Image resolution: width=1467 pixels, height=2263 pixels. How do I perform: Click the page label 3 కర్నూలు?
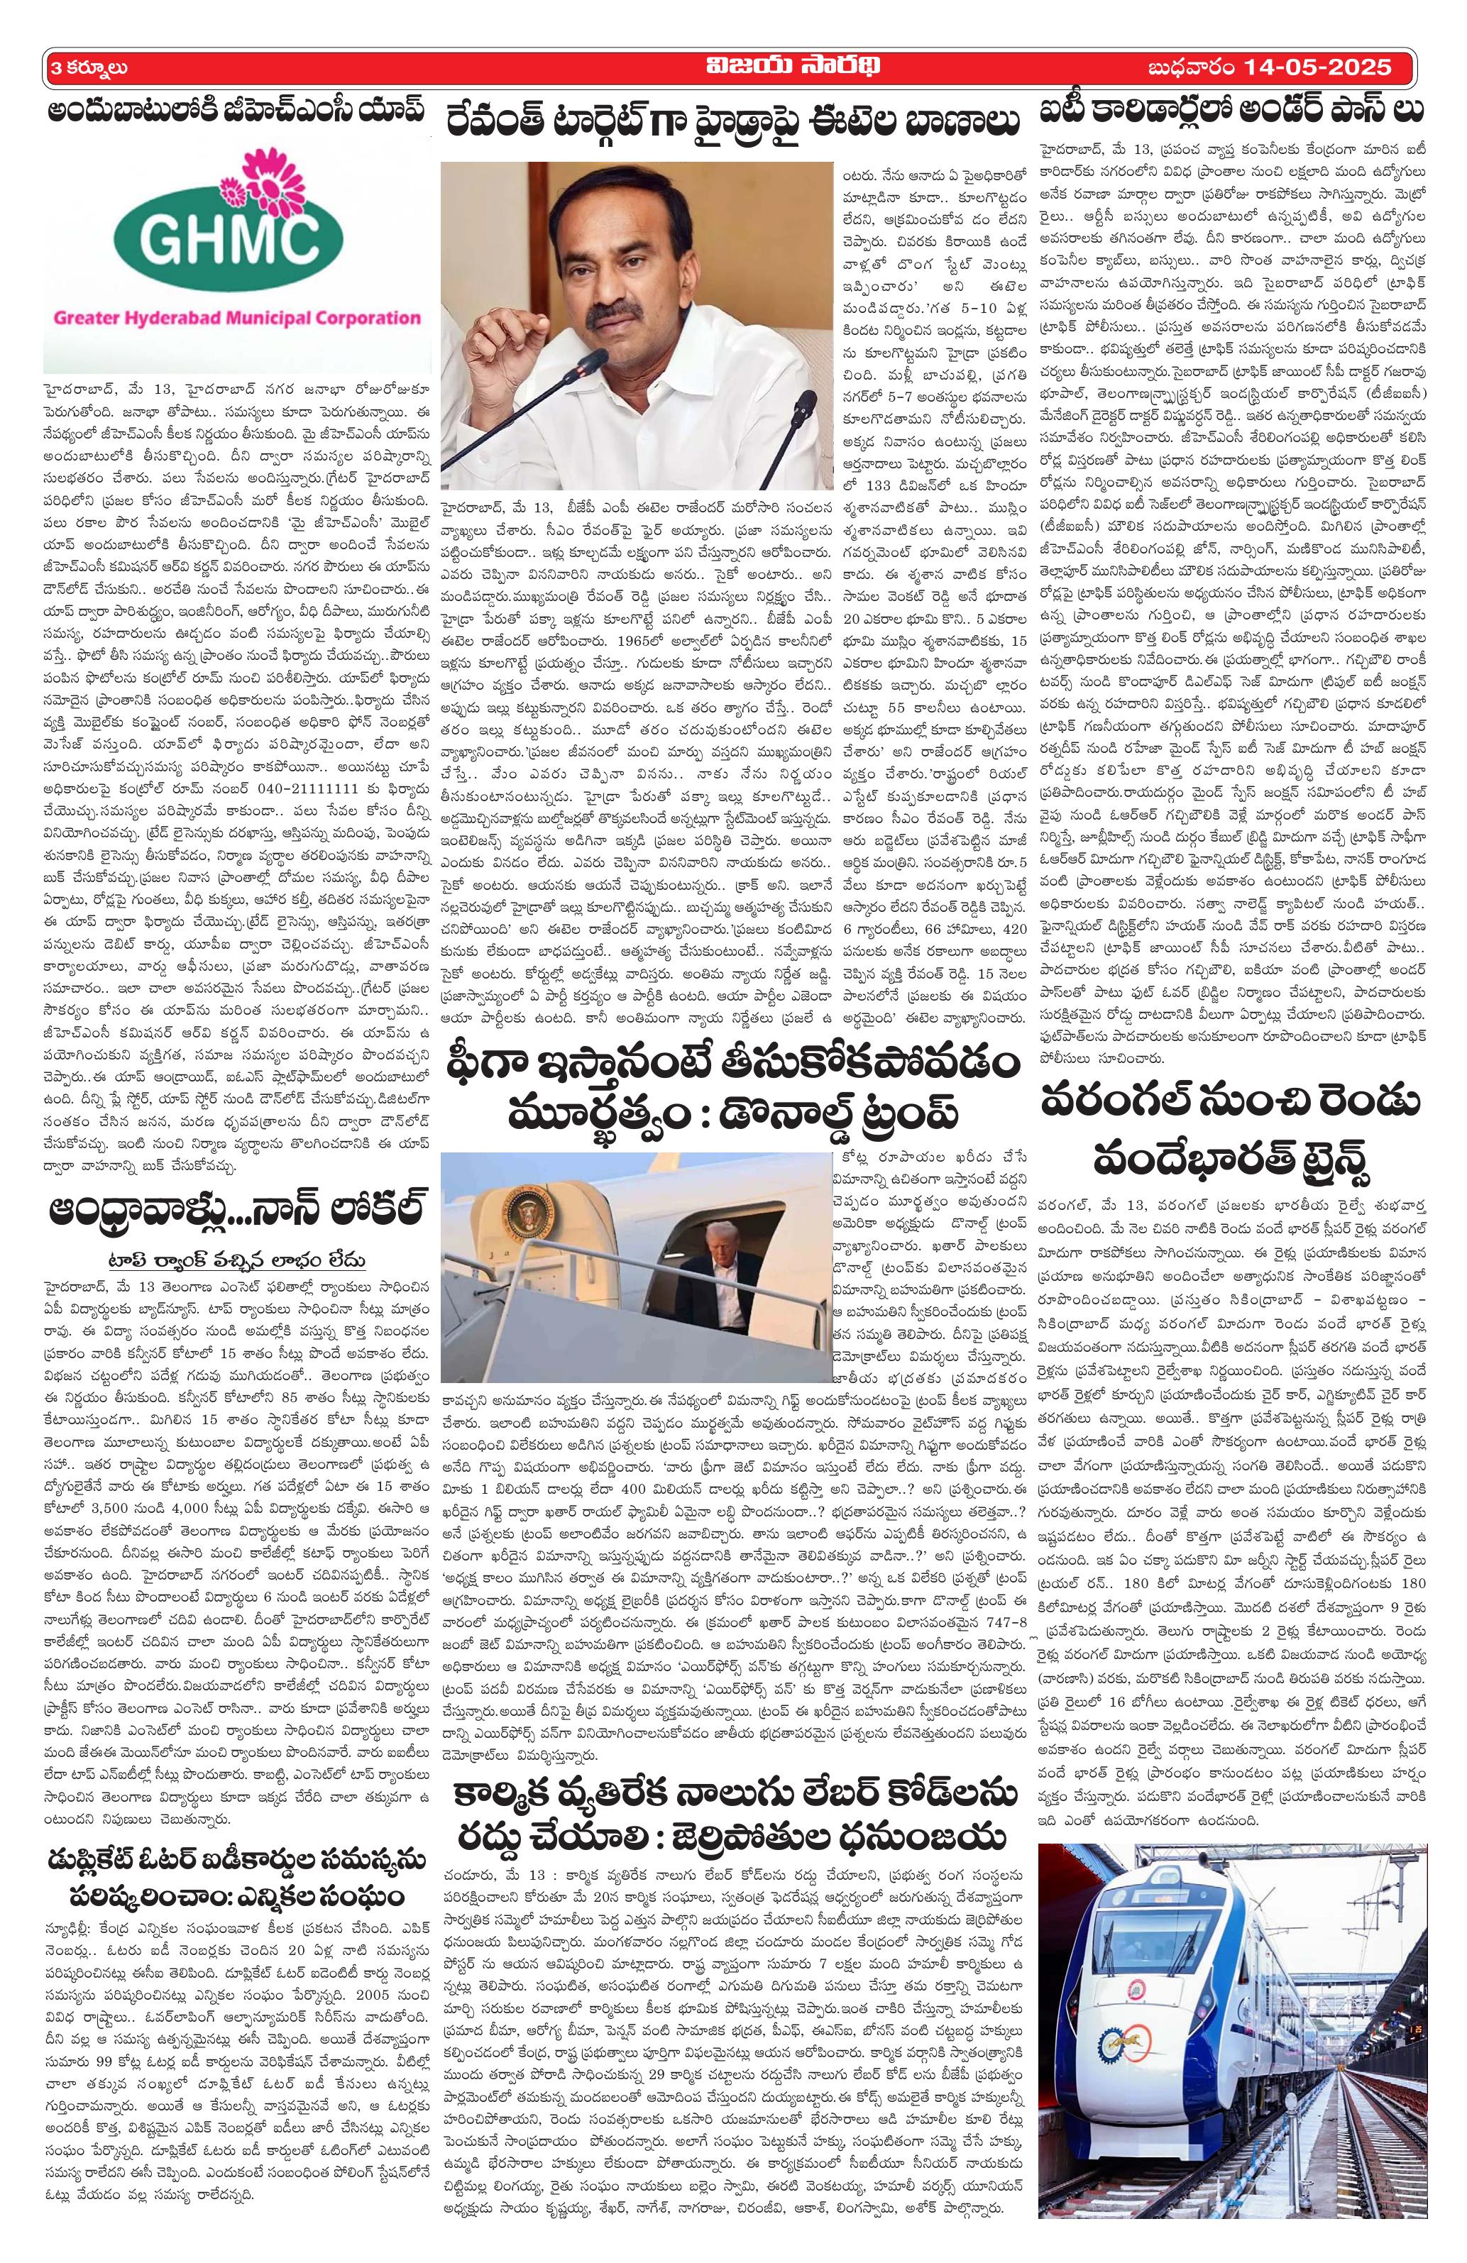tap(86, 68)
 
